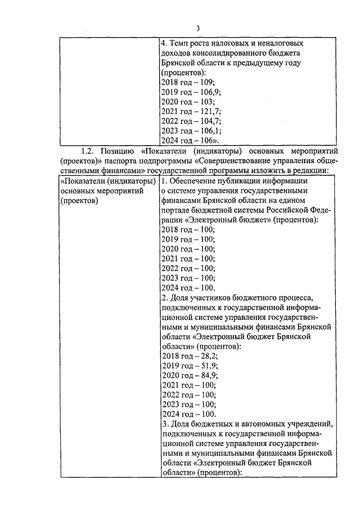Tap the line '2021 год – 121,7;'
(191, 111)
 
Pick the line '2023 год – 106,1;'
(191, 130)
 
